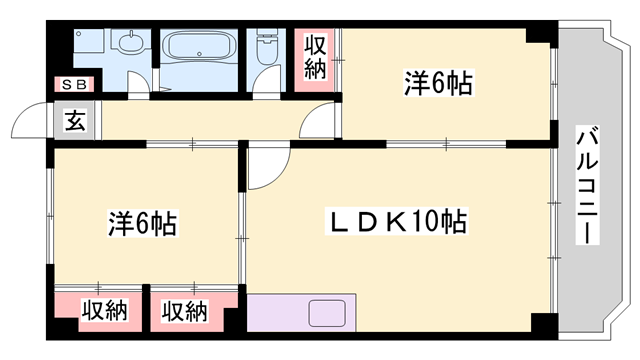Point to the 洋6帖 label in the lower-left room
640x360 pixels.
(x=143, y=222)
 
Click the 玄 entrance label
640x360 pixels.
(x=75, y=121)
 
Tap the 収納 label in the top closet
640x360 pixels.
(x=315, y=57)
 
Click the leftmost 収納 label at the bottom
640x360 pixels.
(x=104, y=311)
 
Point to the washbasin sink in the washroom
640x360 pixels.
(x=127, y=44)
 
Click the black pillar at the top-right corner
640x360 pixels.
(x=540, y=34)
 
